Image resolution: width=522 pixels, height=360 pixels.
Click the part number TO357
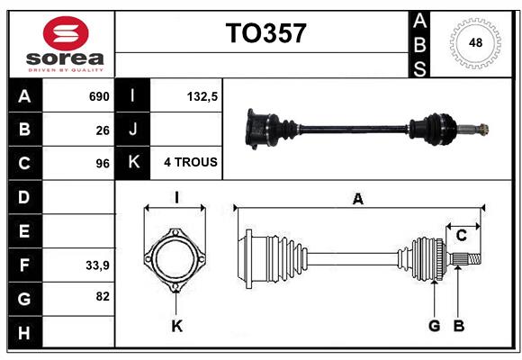coord(265,33)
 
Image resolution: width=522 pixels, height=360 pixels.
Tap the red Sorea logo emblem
coord(66,33)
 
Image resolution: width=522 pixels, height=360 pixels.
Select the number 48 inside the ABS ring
coord(475,42)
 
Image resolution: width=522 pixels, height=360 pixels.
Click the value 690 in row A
coord(99,96)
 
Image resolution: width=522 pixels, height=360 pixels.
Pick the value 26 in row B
coord(103,130)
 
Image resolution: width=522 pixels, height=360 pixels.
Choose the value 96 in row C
coord(103,164)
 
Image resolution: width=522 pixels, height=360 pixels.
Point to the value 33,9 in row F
coord(97,265)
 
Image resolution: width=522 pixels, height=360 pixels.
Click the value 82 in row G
coord(103,296)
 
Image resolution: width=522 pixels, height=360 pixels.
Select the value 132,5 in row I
coord(202,96)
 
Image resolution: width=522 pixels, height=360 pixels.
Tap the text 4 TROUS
coord(191,162)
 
